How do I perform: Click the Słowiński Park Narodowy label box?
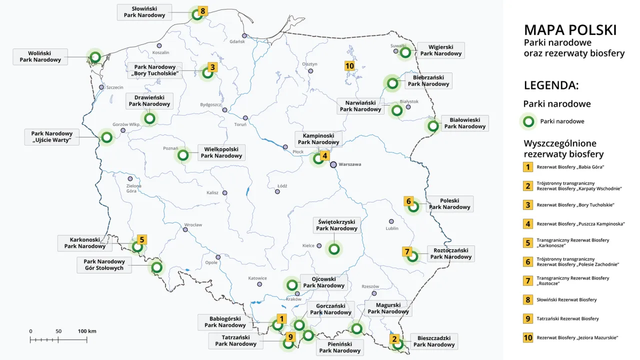coord(144,12)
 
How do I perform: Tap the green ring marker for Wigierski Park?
coord(405,52)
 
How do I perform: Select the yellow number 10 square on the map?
coord(349,65)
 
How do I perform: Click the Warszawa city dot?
coord(333,164)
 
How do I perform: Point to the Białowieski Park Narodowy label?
coord(464,123)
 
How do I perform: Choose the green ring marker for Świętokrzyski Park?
coord(334,248)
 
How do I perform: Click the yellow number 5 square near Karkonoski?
coord(142,239)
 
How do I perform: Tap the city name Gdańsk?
coord(237,41)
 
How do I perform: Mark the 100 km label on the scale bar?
coord(87,331)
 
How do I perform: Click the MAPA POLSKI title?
coord(570,30)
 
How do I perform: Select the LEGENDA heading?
coord(551,85)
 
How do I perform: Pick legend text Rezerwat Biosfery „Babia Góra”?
coord(567,167)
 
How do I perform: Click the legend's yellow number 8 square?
coord(527,299)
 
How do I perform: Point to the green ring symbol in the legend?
coord(527,121)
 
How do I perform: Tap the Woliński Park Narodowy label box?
coord(40,56)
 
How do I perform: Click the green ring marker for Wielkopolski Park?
coord(183,155)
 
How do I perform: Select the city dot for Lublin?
coord(391,221)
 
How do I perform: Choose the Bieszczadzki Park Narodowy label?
coord(433,341)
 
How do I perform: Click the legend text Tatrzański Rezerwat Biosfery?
coord(567,318)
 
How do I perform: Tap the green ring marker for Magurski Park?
coord(356,328)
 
